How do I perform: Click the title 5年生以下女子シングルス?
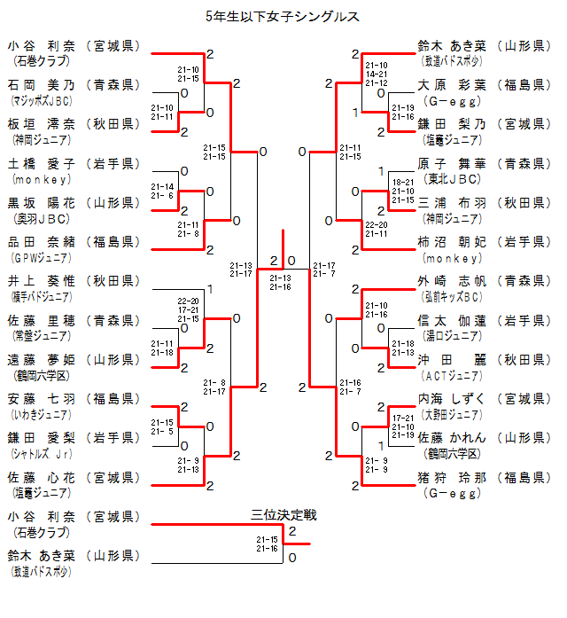pos(282,15)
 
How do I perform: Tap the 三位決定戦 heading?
pos(283,514)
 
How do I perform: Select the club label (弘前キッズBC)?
pos(453,296)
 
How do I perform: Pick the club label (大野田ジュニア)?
pos(453,413)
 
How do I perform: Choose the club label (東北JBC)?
pos(453,178)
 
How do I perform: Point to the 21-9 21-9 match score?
pos(376,465)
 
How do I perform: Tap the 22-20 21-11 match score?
pos(376,230)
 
